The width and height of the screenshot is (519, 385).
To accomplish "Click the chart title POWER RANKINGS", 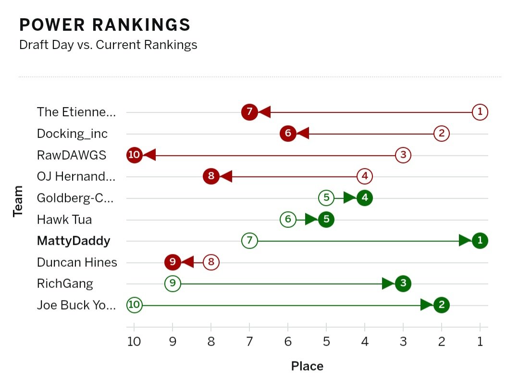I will point(105,25).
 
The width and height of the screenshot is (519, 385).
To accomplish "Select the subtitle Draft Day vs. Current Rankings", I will point(108,45).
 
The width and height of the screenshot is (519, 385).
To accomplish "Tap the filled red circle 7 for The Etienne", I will point(249,112).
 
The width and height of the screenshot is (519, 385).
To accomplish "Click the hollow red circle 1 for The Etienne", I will point(480,112).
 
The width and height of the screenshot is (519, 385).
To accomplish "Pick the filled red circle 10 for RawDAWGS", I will point(135,155).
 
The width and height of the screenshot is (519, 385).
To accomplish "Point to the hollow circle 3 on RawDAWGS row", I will point(403,155).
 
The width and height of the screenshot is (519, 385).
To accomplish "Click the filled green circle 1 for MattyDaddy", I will point(480,241).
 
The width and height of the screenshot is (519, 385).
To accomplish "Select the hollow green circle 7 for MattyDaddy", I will point(249,240).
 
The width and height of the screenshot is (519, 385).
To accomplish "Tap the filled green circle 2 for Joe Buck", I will point(441,305).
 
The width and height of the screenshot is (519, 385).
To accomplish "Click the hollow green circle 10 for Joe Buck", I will point(135,305).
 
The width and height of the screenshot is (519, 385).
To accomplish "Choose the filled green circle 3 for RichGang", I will point(403,284).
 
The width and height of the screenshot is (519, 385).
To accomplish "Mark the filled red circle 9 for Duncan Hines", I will point(173,262).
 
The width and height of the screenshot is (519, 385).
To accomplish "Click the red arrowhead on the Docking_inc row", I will point(303,134).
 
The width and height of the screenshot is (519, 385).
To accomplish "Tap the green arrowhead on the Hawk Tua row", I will point(311,220).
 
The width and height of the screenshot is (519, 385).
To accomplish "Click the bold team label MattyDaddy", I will point(74,241).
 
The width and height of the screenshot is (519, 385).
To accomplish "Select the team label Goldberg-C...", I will point(76,198).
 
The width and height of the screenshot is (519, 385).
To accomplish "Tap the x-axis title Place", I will point(307,366).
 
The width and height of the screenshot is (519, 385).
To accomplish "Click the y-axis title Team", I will point(18,201).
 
